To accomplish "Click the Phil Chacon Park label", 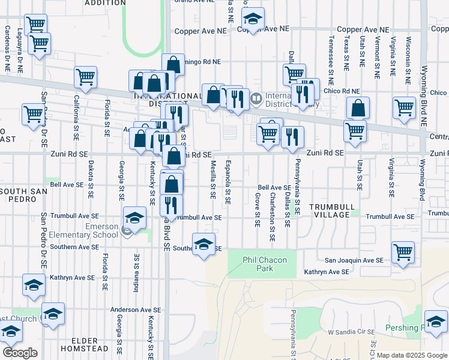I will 266,264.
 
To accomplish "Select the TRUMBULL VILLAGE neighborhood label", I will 330,211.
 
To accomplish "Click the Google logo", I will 20,353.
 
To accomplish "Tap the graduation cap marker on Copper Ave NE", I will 253,19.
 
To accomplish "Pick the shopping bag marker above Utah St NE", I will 358,109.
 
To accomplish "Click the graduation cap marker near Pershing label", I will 436,321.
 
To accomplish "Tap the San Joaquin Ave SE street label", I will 354,260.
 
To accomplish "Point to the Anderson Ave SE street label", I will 133,310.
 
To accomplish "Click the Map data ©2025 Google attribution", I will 412,355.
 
